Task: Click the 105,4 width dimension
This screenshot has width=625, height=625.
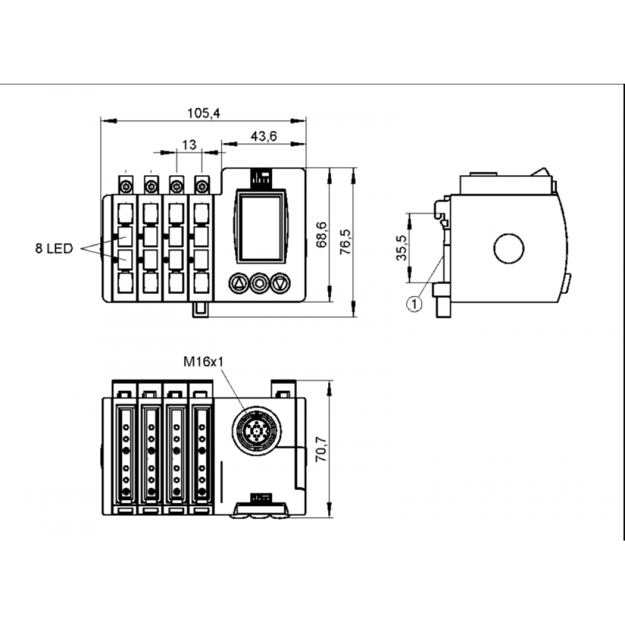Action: click(x=204, y=113)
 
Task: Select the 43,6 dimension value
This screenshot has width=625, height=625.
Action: click(x=264, y=136)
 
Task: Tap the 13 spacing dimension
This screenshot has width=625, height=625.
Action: click(x=189, y=145)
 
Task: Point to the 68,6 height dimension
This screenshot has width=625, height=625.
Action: click(x=321, y=234)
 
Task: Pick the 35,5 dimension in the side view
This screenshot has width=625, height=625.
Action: click(x=402, y=248)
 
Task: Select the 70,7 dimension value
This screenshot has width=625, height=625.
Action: click(x=321, y=449)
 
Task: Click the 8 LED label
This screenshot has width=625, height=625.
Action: click(x=54, y=248)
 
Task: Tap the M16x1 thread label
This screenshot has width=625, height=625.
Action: click(x=204, y=361)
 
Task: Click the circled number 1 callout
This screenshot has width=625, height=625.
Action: click(x=414, y=304)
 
